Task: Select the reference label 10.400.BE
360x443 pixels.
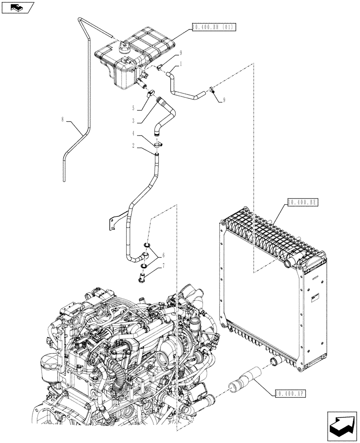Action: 302,202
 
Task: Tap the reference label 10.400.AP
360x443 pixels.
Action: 290,392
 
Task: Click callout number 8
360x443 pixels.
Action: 63,119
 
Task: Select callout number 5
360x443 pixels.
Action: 133,107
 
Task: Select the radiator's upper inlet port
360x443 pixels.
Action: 286,265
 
